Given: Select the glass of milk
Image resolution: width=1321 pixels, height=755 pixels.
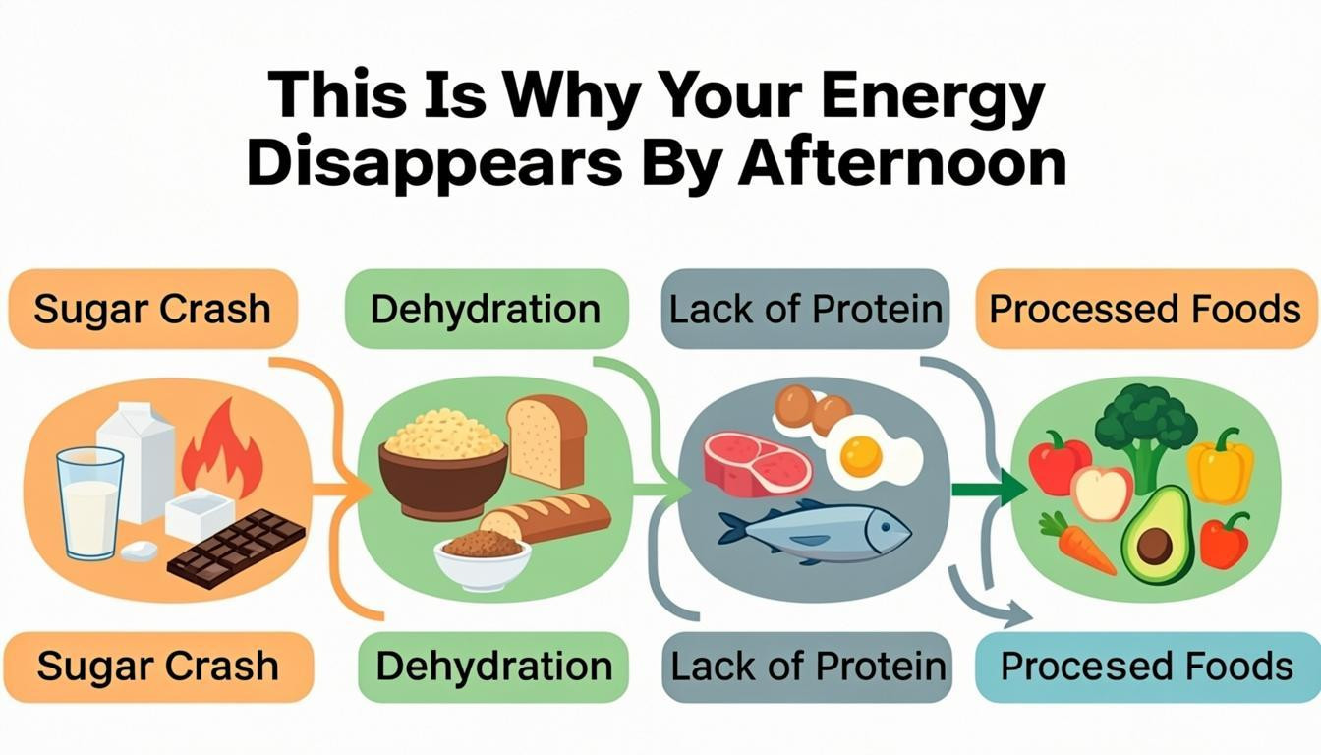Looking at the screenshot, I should pos(89,502).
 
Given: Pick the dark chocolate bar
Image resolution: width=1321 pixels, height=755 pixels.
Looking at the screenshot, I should pos(237,548).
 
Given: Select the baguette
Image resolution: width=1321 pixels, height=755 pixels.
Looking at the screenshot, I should pos(545,518).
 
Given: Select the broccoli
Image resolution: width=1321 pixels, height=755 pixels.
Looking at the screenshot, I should pos(1145,429).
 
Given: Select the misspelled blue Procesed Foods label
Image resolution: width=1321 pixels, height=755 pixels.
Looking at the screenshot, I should pos(1146,667).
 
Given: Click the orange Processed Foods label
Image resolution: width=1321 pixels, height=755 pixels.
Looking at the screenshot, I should pos(1145,310).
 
